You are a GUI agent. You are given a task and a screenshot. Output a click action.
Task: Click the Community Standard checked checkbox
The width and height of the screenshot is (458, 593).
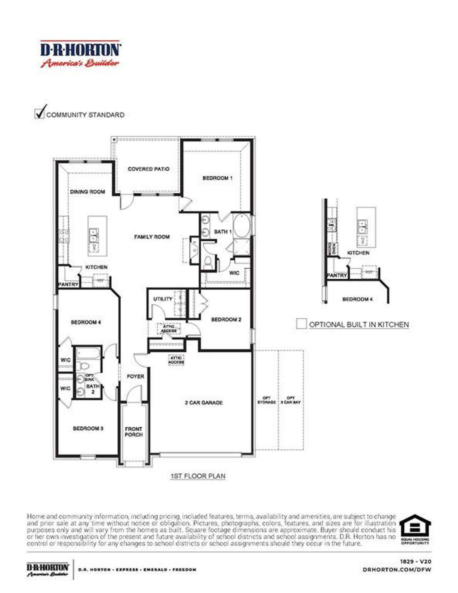[x=39, y=113]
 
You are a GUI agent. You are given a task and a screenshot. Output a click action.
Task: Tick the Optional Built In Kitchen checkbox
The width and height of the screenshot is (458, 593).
[x=301, y=324]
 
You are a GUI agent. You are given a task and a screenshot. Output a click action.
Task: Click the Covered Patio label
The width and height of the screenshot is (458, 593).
[x=148, y=169]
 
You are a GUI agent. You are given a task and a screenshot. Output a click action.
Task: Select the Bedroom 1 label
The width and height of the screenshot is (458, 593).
[x=218, y=178]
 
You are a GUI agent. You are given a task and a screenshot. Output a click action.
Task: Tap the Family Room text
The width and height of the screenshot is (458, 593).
[x=152, y=237]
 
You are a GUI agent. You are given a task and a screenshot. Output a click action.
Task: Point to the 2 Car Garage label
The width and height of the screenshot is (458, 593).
[x=204, y=403]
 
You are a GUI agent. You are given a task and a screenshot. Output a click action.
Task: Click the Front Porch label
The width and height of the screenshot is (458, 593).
[x=133, y=432]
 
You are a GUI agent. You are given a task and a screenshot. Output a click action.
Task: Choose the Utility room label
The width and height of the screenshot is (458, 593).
[x=163, y=299]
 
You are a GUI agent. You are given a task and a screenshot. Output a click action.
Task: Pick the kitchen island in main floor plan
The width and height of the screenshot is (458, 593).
[x=98, y=236]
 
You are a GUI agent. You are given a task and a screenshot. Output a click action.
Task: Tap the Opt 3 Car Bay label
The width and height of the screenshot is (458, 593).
[x=291, y=400]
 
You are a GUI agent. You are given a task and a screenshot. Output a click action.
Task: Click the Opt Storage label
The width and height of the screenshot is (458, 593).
[x=267, y=400]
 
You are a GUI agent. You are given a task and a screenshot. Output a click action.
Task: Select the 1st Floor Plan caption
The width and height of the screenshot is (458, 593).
[x=198, y=476]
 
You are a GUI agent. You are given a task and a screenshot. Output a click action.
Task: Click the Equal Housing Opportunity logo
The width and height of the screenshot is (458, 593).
[x=415, y=529]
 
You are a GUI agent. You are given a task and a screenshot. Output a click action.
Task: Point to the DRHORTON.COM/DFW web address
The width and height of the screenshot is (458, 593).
[x=397, y=569]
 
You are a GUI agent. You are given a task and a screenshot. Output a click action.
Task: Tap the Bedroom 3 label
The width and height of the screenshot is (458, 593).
[x=88, y=428]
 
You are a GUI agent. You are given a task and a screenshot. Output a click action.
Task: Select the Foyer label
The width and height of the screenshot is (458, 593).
[x=135, y=377]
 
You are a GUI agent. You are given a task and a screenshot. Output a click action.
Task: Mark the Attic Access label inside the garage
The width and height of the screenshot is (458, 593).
[x=176, y=360]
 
